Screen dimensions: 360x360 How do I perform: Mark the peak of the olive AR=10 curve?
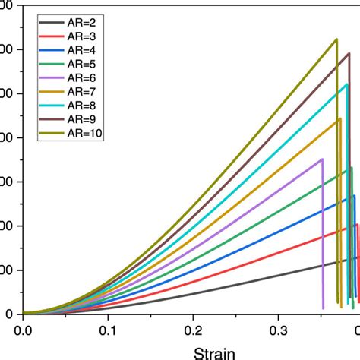(336, 39)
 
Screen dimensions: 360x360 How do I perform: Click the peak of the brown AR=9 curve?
(349, 53)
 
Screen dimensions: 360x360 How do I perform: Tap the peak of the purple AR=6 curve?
(322, 159)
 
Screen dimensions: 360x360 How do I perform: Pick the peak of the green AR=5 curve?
(351, 168)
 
